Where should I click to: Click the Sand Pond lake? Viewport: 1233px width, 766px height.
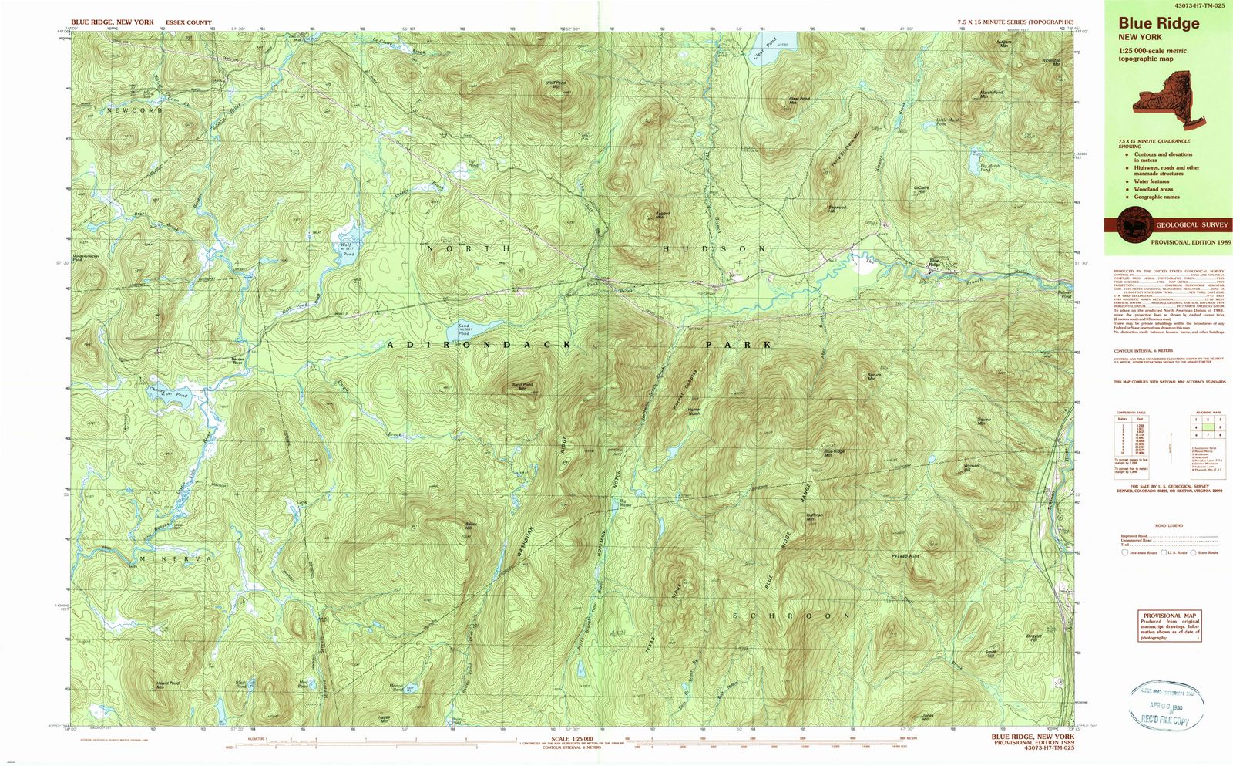[472, 332]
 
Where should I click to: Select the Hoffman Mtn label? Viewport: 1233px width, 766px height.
[810, 519]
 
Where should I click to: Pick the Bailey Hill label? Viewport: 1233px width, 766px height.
[471, 527]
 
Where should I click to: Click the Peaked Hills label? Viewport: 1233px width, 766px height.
[905, 555]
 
